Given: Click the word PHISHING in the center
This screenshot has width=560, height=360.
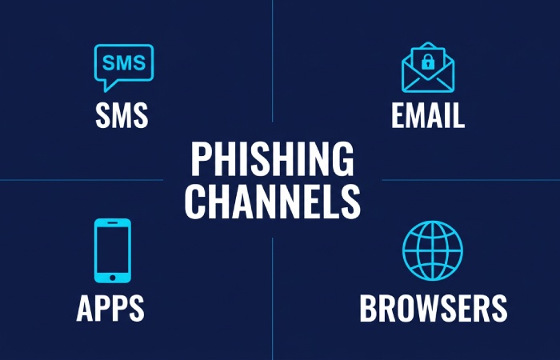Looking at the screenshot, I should point(272,160).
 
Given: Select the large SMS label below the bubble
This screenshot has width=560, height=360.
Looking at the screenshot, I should point(122,116).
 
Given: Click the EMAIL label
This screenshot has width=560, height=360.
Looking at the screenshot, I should point(428,116).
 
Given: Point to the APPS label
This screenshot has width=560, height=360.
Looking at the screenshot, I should point(110,308).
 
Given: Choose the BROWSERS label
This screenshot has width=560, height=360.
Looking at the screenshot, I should point(433,308).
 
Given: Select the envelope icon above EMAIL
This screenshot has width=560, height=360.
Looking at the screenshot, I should point(427,70).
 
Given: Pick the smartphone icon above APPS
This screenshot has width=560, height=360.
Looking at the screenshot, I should point(112,250).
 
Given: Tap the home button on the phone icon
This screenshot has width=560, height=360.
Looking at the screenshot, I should point(112,277).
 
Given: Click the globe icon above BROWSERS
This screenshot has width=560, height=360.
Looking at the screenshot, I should point(432,250).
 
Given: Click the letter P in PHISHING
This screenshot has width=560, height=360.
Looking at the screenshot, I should point(200,160).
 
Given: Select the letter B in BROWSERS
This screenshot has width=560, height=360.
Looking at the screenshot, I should point(369,308).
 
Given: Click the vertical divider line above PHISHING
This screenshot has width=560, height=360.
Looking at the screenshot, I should point(272,64).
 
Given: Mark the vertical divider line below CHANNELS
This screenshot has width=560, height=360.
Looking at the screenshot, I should point(272,296).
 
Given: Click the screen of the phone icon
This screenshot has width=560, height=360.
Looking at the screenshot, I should point(112,246).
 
